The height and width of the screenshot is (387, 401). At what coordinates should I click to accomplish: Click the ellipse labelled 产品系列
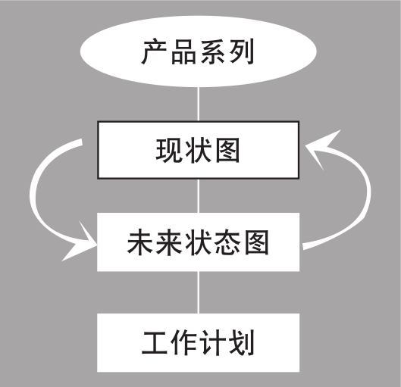[198, 51]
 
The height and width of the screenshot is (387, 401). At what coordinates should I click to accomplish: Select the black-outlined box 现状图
[198, 150]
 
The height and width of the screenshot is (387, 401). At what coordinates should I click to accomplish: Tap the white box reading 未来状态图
[198, 242]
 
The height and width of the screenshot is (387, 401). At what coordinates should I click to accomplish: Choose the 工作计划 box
[198, 342]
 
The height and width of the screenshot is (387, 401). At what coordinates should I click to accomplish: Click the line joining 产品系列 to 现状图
[198, 104]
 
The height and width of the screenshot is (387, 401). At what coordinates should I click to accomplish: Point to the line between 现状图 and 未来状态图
[198, 196]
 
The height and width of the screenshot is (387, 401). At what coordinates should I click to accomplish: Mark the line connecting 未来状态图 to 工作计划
[198, 292]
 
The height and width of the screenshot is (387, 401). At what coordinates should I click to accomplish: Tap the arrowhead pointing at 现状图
[321, 148]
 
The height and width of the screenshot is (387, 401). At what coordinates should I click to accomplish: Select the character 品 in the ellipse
[183, 51]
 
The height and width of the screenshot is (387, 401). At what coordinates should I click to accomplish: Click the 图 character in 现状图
[227, 150]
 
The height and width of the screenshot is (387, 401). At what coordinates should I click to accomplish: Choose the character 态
[227, 242]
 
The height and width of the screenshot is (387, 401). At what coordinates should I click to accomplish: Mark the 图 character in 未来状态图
[256, 242]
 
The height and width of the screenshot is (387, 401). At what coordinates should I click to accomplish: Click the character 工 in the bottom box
[155, 342]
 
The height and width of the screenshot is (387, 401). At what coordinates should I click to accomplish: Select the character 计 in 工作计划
[212, 342]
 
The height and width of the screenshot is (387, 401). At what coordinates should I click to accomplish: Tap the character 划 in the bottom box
[242, 342]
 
